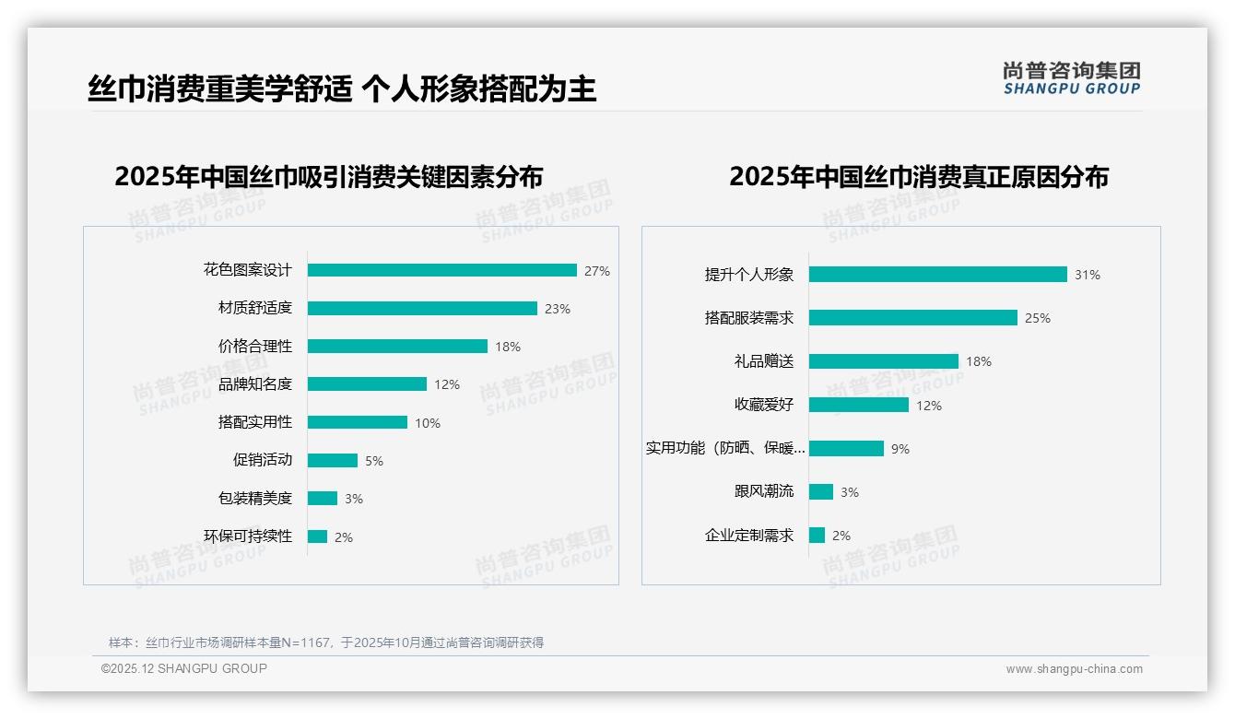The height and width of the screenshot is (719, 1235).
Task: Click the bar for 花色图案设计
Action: coord(442,270)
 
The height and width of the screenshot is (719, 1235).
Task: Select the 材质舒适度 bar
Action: coord(422,309)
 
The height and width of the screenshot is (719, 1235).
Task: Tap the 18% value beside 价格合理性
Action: coord(508,347)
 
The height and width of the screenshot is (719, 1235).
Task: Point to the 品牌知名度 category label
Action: coord(255,384)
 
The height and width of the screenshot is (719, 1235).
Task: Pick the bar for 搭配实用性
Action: coord(358,422)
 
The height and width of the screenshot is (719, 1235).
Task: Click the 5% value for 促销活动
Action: coord(373,461)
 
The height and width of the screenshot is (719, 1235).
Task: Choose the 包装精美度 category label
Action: coord(255,499)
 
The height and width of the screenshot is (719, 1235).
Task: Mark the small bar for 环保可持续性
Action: coord(317,536)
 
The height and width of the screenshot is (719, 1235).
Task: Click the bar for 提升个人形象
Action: coord(937,275)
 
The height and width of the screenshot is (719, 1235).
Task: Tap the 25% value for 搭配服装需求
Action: coord(1038,318)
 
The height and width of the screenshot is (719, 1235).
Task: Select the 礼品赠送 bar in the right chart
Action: coord(884,361)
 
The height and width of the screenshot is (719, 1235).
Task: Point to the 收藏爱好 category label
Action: coord(764,405)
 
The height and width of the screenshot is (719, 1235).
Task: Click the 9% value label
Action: coord(900,449)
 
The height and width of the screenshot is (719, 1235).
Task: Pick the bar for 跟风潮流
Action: coord(821,492)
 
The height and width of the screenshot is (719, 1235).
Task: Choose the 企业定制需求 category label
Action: coord(749,536)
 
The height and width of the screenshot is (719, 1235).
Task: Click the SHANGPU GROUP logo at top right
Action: coord(1072,78)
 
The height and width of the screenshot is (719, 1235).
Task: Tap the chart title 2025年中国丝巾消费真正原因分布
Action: coord(919,177)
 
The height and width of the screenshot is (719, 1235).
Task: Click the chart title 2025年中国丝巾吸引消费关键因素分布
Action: coord(329,177)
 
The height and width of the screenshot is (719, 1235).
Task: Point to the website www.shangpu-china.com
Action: coord(1074,669)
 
